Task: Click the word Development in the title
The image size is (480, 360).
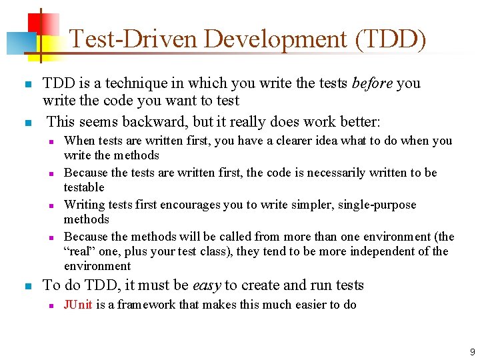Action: point(277,39)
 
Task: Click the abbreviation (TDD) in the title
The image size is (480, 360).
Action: point(391,39)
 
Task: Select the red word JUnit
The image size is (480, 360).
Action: point(77,305)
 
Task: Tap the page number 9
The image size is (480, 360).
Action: point(472,351)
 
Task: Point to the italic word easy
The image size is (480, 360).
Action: point(207,285)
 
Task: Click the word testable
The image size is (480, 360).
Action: point(84,187)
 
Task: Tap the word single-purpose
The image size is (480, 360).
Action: point(379,205)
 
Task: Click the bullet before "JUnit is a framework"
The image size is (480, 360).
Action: point(51,305)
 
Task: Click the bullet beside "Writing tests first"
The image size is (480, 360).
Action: point(51,205)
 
